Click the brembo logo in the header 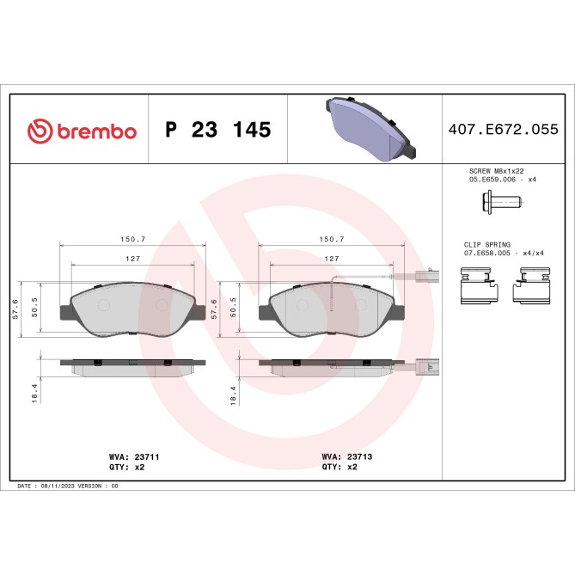tap(83, 131)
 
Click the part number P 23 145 tap(217, 131)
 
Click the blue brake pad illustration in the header tap(370, 130)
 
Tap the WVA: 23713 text tap(346, 457)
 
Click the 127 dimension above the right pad tap(330, 258)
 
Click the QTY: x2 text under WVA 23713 tap(341, 468)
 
